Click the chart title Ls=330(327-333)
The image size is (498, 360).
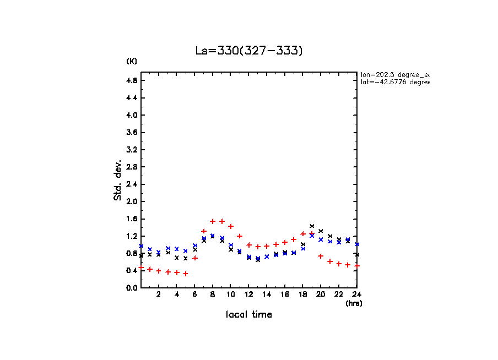[249, 51]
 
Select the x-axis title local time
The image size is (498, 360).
[248, 315]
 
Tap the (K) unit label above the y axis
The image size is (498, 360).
[132, 61]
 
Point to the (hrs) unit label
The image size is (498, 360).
[354, 303]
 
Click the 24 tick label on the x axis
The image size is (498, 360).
[357, 294]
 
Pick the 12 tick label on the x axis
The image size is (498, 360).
[249, 294]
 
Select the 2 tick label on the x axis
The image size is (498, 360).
[159, 294]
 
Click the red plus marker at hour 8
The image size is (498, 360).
[213, 221]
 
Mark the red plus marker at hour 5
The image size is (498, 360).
[186, 274]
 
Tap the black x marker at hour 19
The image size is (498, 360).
[312, 226]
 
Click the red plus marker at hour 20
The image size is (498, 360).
[321, 256]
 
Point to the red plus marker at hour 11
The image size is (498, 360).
[240, 236]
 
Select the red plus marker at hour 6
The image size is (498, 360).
[195, 258]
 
